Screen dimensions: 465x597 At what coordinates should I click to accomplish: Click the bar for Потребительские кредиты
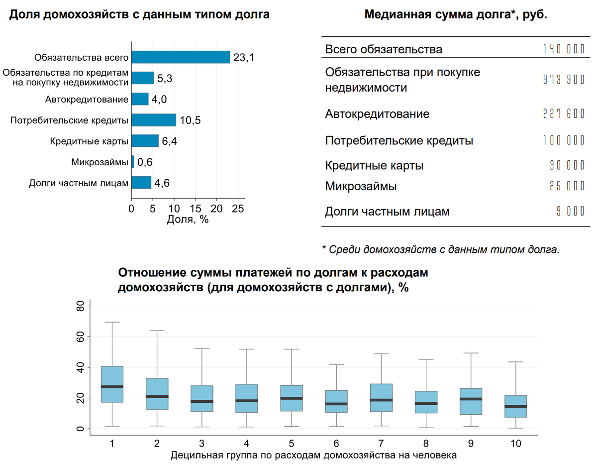click(x=154, y=120)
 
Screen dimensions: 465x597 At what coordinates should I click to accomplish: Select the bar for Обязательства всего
click(x=181, y=57)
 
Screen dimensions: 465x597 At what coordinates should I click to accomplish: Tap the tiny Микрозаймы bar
click(x=133, y=162)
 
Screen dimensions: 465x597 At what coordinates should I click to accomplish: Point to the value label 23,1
click(x=244, y=58)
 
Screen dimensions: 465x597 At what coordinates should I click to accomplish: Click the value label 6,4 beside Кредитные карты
click(x=170, y=141)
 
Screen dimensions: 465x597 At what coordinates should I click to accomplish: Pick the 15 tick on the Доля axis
click(x=195, y=209)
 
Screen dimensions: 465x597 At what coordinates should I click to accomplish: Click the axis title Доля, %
click(x=188, y=220)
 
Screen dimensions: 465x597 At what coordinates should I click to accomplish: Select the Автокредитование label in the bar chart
click(x=87, y=100)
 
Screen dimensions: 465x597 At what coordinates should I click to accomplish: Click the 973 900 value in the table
click(x=563, y=80)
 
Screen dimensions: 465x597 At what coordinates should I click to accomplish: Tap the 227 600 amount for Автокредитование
click(x=563, y=114)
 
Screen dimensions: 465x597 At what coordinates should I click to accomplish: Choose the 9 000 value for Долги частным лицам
click(x=570, y=212)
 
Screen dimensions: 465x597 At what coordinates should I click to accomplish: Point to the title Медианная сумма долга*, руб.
click(x=456, y=14)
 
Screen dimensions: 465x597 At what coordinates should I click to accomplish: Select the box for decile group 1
click(x=112, y=384)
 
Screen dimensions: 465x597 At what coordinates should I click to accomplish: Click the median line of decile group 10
click(x=515, y=406)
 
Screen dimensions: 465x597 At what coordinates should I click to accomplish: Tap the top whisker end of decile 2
click(x=157, y=331)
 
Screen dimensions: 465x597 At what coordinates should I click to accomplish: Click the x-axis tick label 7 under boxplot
click(x=381, y=443)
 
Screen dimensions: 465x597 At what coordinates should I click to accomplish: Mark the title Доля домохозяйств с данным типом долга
click(x=140, y=14)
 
